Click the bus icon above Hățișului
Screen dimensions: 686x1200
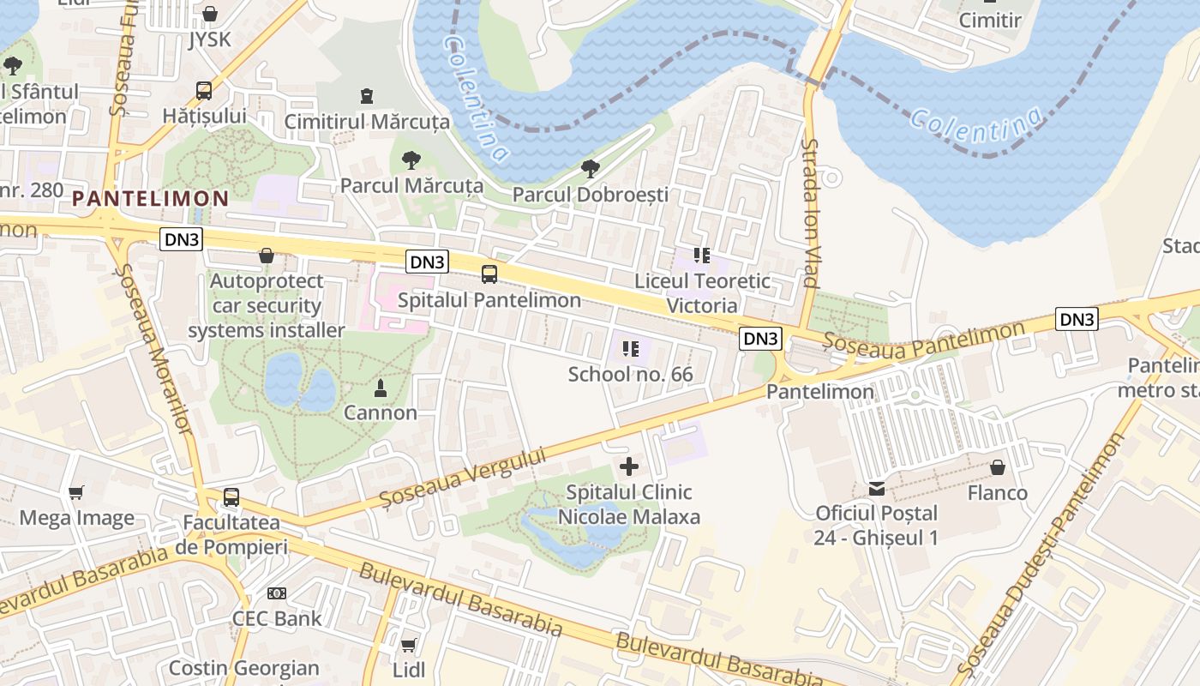(x=204, y=90)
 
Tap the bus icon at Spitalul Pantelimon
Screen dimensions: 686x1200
(x=489, y=274)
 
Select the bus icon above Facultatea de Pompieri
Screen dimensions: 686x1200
(x=231, y=497)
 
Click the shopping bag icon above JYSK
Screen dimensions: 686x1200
(x=210, y=14)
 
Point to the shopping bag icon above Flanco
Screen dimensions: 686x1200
(x=998, y=467)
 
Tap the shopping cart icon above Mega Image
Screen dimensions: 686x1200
(x=76, y=492)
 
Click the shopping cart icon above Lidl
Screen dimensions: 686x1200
(x=409, y=644)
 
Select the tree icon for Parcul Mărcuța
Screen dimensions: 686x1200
(x=411, y=159)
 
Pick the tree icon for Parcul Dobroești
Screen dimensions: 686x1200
(x=590, y=169)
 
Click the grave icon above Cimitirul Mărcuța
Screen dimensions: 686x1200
(x=367, y=95)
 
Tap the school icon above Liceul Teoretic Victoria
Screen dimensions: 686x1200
(x=702, y=255)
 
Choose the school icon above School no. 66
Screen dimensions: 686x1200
(x=631, y=349)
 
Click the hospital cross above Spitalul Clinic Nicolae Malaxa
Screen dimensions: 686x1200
(x=629, y=466)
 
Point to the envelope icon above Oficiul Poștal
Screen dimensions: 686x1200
(x=877, y=488)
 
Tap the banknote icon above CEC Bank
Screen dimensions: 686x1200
(x=276, y=593)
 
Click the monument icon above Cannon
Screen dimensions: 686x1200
(x=381, y=388)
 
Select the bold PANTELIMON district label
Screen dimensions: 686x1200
(x=151, y=199)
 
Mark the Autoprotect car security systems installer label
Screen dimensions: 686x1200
(x=267, y=306)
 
